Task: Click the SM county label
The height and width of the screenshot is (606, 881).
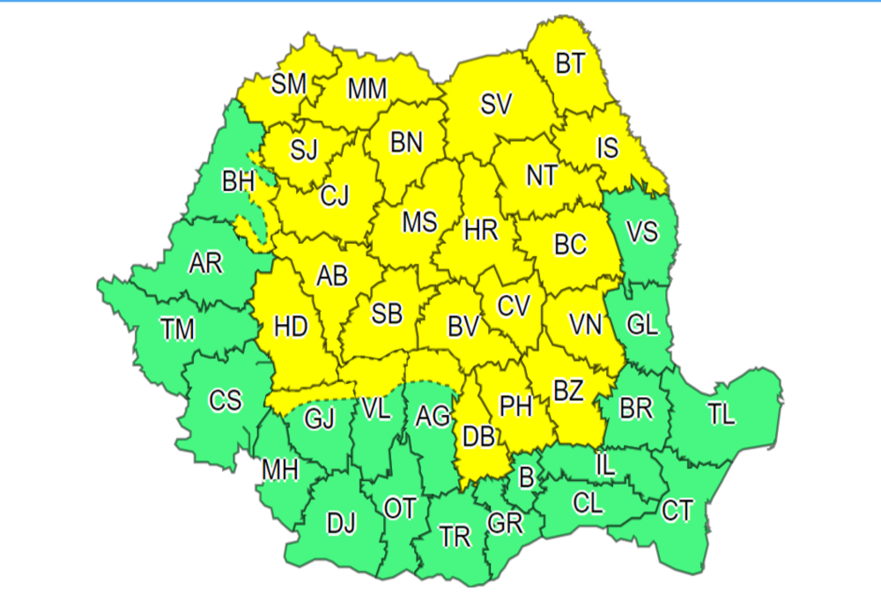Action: (288, 84)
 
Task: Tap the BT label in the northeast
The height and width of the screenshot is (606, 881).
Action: (571, 64)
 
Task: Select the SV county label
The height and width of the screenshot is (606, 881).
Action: (496, 104)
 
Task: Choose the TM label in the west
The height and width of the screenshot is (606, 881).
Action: (177, 329)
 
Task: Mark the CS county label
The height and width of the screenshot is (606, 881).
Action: (225, 401)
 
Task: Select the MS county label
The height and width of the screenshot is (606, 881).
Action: (419, 222)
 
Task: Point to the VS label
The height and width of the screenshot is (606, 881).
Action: (641, 233)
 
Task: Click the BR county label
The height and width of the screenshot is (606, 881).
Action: (636, 409)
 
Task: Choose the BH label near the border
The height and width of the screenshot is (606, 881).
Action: (238, 182)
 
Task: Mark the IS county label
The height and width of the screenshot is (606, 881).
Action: (607, 147)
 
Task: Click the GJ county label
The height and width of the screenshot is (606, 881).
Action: (320, 419)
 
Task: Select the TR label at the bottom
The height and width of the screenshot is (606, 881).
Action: (455, 537)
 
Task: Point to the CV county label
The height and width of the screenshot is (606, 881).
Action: (514, 306)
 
